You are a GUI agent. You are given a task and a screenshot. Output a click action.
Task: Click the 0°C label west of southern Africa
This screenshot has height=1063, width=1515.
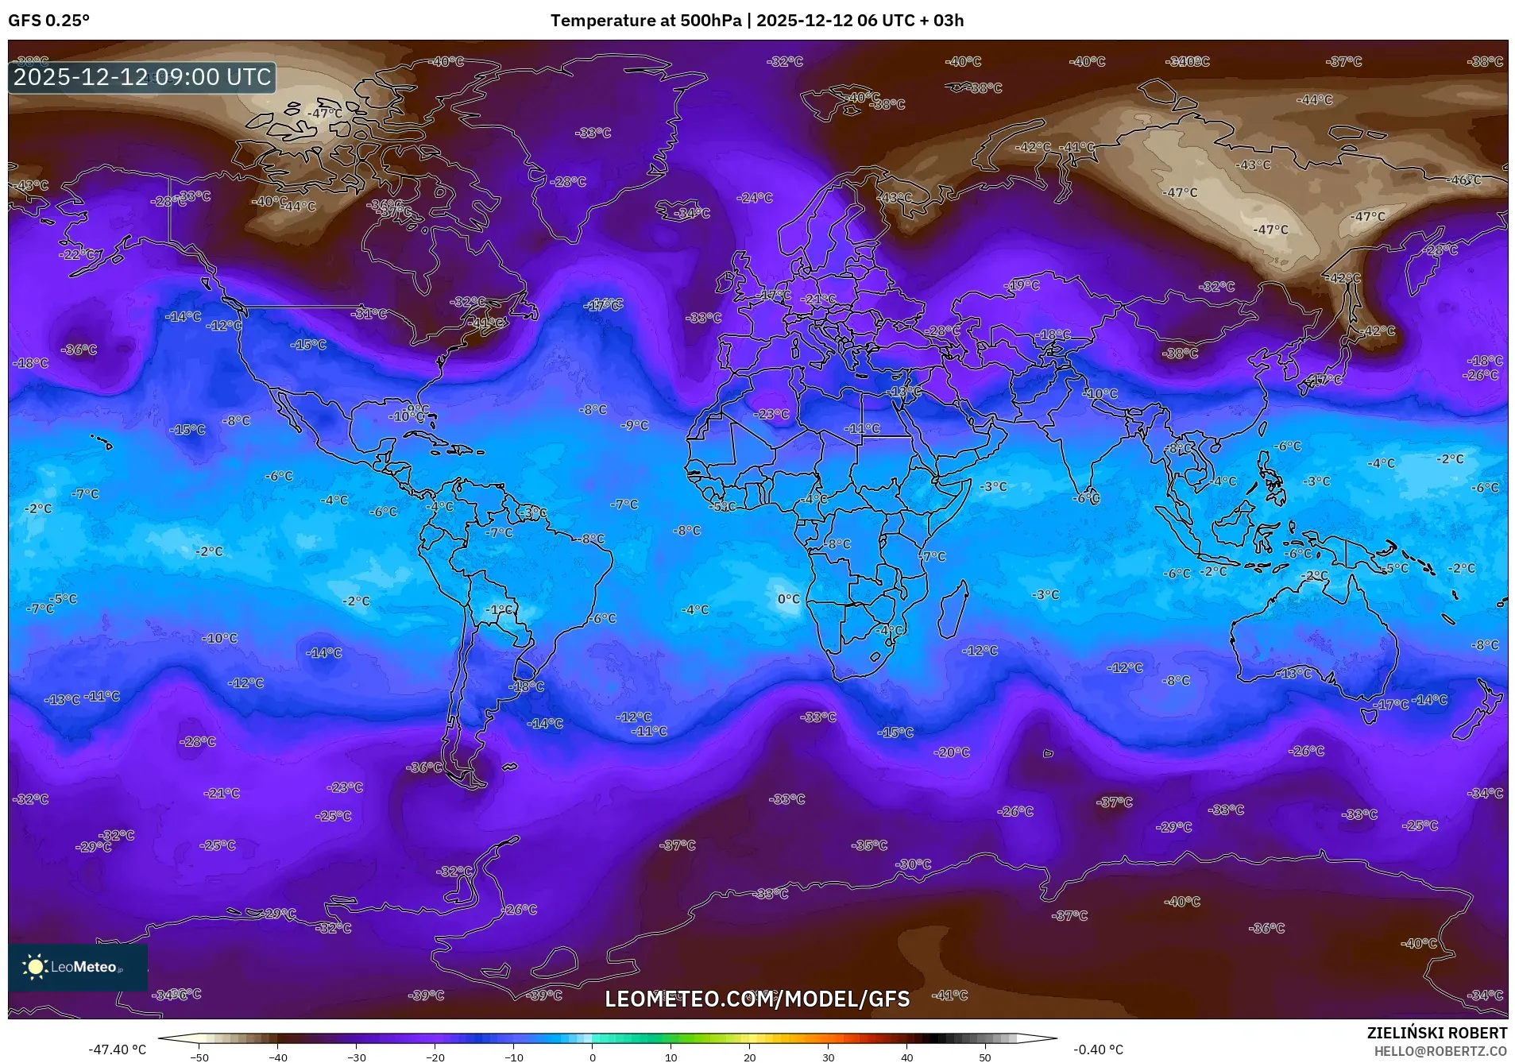pyautogui.click(x=788, y=599)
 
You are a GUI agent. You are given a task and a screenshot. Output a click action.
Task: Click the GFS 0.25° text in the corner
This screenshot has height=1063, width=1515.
pyautogui.click(x=48, y=21)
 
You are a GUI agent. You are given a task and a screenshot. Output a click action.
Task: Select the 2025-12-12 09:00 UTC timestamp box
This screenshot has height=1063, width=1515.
pyautogui.click(x=142, y=77)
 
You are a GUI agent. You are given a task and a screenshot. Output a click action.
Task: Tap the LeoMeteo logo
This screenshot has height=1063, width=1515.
pyautogui.click(x=77, y=966)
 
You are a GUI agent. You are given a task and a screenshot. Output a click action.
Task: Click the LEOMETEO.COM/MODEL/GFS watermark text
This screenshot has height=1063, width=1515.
pyautogui.click(x=757, y=999)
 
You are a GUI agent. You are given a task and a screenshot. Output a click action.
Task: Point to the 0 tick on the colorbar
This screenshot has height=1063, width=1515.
pyautogui.click(x=593, y=1057)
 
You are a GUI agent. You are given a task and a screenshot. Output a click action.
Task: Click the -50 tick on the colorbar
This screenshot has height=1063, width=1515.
pyautogui.click(x=200, y=1057)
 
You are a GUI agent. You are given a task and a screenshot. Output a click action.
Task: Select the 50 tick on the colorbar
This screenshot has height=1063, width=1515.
pyautogui.click(x=985, y=1057)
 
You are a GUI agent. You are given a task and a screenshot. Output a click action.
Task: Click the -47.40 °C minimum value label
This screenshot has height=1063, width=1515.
pyautogui.click(x=117, y=1049)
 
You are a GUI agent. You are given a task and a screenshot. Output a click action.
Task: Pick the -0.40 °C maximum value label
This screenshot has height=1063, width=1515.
pyautogui.click(x=1098, y=1049)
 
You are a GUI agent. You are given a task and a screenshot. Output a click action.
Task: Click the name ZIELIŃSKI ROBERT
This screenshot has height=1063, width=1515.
pyautogui.click(x=1436, y=1033)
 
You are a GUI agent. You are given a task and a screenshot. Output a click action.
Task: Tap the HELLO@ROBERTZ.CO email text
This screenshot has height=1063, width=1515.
pyautogui.click(x=1440, y=1051)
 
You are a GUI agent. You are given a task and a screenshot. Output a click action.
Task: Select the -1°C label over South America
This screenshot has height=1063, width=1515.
pyautogui.click(x=500, y=610)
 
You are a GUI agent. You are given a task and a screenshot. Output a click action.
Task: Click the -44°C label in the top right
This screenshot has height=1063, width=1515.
pyautogui.click(x=1315, y=100)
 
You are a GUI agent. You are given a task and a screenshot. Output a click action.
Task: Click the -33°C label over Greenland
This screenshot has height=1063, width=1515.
pyautogui.click(x=593, y=133)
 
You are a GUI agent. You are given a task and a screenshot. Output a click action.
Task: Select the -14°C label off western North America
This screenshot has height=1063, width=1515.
pyautogui.click(x=184, y=316)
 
